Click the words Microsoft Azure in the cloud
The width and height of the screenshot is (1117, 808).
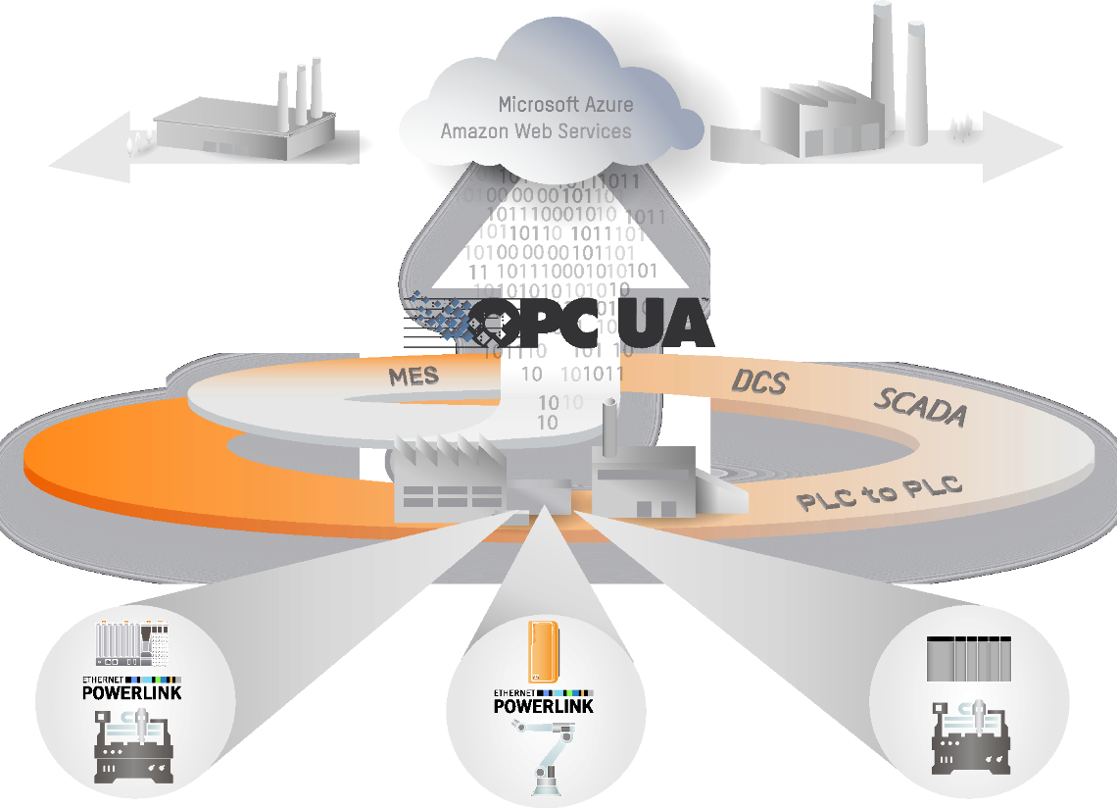coord(565,104)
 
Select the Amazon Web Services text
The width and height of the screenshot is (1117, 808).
coord(536,130)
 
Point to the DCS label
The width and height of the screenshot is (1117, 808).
coord(760,380)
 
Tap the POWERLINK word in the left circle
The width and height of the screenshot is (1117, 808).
coord(131,692)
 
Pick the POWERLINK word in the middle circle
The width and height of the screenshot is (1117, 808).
coord(543,706)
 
